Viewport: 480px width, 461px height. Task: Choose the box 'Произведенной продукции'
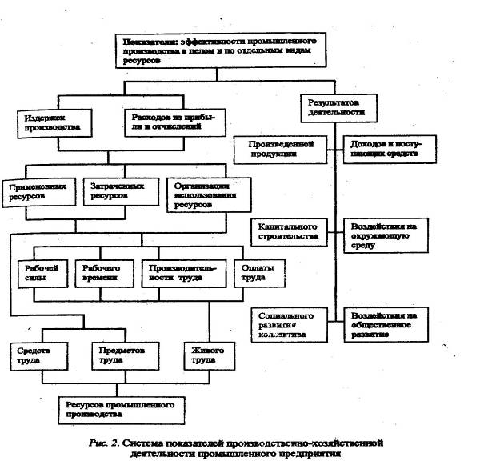click(280, 149)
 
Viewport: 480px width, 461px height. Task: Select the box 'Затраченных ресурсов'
click(116, 190)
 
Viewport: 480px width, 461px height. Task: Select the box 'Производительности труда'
click(182, 273)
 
